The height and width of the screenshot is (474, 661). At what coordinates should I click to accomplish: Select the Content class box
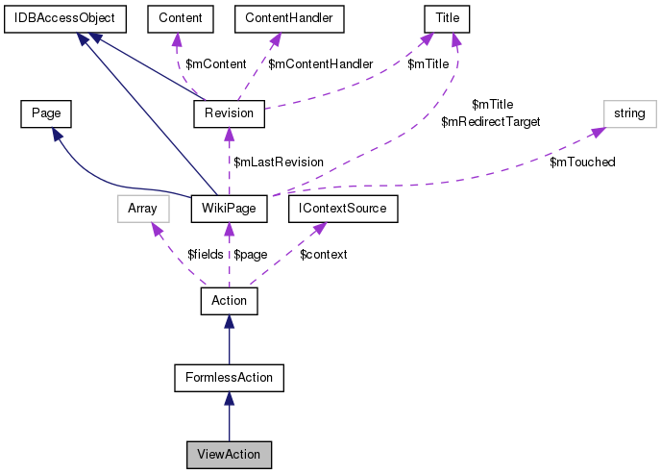pyautogui.click(x=174, y=17)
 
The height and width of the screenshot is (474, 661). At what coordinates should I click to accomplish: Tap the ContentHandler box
pyautogui.click(x=288, y=17)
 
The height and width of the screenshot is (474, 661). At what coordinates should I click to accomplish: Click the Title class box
pyautogui.click(x=444, y=17)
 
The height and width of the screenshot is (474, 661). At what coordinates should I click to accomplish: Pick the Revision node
pyautogui.click(x=229, y=113)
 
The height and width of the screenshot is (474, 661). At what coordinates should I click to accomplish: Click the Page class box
pyautogui.click(x=46, y=113)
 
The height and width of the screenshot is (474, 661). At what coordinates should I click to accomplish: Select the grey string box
pyautogui.click(x=629, y=113)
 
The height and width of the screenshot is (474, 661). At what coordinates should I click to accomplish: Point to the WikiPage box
pyautogui.click(x=228, y=207)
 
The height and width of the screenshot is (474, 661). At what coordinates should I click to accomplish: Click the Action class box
pyautogui.click(x=229, y=301)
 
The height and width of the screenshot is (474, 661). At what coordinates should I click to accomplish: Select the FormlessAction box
pyautogui.click(x=229, y=377)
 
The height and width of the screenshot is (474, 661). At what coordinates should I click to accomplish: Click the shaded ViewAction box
pyautogui.click(x=229, y=453)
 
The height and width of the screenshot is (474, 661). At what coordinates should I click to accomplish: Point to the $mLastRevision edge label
pyautogui.click(x=279, y=162)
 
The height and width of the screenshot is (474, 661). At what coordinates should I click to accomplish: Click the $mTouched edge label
pyautogui.click(x=582, y=162)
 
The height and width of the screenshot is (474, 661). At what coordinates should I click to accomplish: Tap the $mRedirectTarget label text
pyautogui.click(x=490, y=122)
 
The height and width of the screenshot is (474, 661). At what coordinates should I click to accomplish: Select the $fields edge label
pyautogui.click(x=204, y=254)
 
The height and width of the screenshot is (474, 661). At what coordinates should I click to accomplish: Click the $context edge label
pyautogui.click(x=324, y=254)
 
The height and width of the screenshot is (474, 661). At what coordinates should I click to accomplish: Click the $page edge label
pyautogui.click(x=250, y=254)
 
